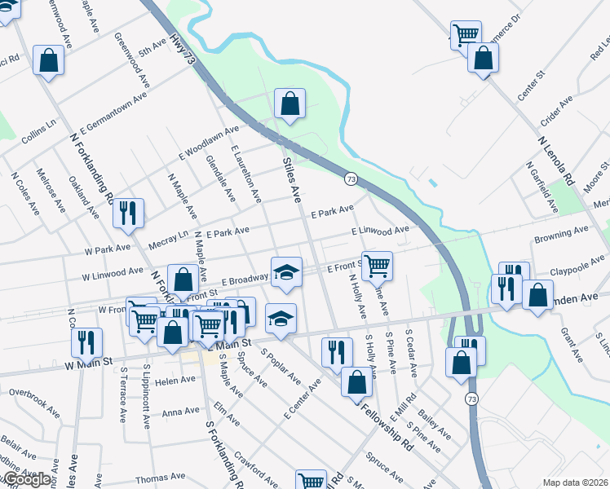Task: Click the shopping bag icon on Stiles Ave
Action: tap(290, 104)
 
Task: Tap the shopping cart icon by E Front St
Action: tap(376, 265)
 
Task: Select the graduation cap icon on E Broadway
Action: tap(286, 272)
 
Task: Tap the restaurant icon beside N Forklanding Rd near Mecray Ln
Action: tap(128, 214)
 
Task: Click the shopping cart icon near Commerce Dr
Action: tap(466, 35)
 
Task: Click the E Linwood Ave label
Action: tap(380, 232)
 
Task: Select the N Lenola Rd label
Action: tap(557, 160)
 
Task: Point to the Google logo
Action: tap(26, 479)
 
